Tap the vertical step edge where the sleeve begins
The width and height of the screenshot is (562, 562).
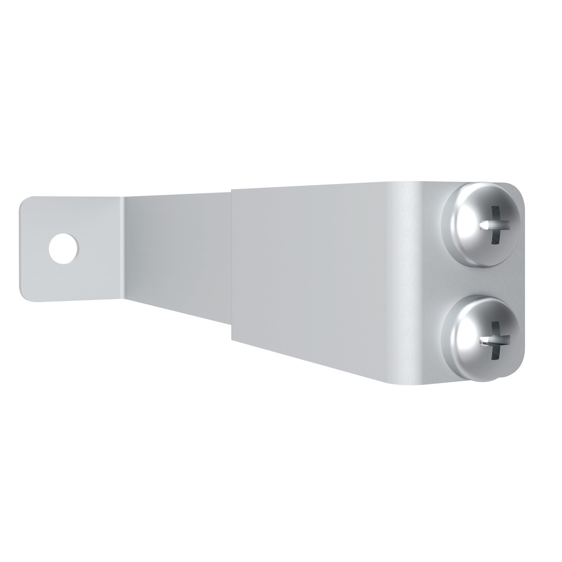(232, 262)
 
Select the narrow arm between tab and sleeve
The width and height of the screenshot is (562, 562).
(178, 253)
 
